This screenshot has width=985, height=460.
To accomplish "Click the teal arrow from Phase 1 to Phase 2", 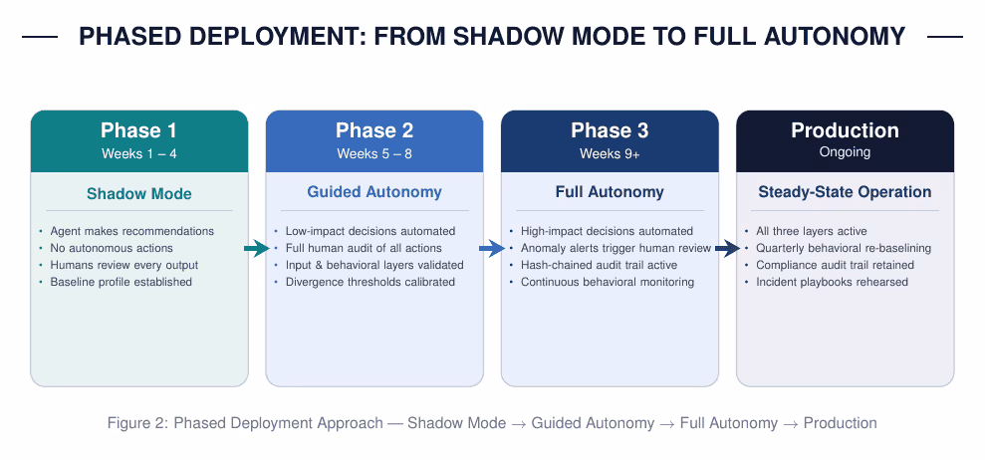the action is click(x=256, y=249).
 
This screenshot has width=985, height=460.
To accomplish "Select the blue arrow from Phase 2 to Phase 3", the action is click(x=492, y=249).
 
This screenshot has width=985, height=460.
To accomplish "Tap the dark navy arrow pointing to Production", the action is click(x=727, y=249).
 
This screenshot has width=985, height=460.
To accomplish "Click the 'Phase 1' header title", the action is click(x=138, y=130).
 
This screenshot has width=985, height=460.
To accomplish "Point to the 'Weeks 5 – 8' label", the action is click(x=374, y=153).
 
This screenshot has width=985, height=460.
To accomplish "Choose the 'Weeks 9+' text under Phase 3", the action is click(x=610, y=153).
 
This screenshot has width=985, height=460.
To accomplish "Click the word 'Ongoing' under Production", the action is click(x=845, y=152).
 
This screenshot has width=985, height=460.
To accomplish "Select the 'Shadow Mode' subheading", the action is click(x=138, y=193).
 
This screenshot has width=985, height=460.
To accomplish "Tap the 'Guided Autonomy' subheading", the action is click(x=374, y=192).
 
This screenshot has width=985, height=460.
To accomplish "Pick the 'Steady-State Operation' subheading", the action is click(x=845, y=191).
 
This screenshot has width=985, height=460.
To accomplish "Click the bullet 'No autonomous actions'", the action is click(x=112, y=248).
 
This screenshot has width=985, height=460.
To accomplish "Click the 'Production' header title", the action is click(x=845, y=130).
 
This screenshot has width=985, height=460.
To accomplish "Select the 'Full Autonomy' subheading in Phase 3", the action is click(x=610, y=192).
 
